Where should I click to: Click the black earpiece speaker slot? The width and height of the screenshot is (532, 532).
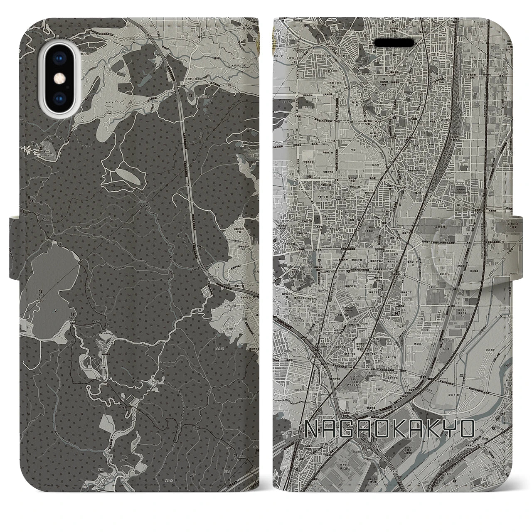[x=394, y=43]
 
